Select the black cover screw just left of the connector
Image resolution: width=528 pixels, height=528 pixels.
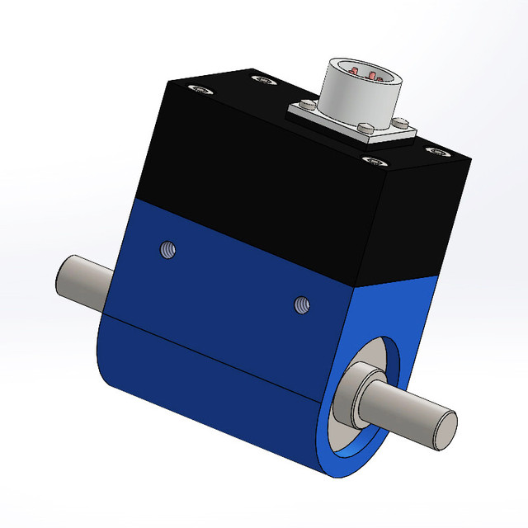[x=264, y=79]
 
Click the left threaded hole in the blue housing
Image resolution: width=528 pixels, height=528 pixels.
[x=167, y=248]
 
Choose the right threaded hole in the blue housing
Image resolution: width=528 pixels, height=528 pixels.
[x=301, y=306]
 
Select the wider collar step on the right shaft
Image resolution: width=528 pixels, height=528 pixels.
[x=353, y=394]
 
